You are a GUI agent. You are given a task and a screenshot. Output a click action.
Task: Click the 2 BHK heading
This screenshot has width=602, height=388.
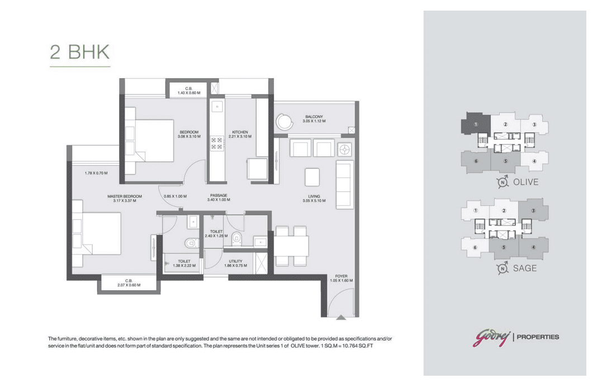click(x=80, y=52)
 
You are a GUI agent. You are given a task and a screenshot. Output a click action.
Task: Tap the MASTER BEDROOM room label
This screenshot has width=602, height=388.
click(x=125, y=197)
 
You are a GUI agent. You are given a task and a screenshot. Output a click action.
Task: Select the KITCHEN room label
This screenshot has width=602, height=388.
click(x=240, y=132)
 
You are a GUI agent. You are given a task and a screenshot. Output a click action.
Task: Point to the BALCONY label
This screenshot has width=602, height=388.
click(x=314, y=117)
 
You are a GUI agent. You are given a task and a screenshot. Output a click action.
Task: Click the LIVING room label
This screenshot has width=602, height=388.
click(x=314, y=197)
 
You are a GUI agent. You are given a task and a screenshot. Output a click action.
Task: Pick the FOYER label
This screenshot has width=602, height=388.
click(x=342, y=276)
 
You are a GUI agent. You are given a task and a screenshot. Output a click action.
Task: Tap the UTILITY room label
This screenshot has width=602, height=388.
click(x=236, y=261)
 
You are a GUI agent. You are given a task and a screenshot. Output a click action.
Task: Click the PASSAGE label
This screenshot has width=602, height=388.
click(x=219, y=195)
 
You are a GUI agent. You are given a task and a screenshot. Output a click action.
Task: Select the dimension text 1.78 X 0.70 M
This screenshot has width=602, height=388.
click(x=96, y=173)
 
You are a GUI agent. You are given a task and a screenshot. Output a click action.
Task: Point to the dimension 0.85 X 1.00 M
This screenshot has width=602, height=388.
click(x=175, y=197)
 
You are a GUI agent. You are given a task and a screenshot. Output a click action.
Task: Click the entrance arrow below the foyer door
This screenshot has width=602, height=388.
click(x=341, y=317)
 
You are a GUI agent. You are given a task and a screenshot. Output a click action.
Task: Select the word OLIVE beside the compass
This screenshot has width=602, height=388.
click(x=525, y=182)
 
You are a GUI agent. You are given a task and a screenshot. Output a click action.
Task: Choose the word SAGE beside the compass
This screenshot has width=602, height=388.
click(x=525, y=269)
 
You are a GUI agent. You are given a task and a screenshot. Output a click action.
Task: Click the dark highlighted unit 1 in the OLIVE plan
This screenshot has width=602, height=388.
click(x=476, y=123)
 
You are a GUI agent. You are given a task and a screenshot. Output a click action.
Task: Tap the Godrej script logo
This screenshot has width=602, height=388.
click(x=491, y=338)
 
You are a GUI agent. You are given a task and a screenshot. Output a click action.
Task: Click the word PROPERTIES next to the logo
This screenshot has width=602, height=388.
click(x=538, y=337)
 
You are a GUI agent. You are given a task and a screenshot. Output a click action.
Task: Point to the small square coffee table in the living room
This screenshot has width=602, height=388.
click(x=312, y=177)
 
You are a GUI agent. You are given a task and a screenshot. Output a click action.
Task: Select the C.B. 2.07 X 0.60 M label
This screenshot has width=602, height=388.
click(x=129, y=283)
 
